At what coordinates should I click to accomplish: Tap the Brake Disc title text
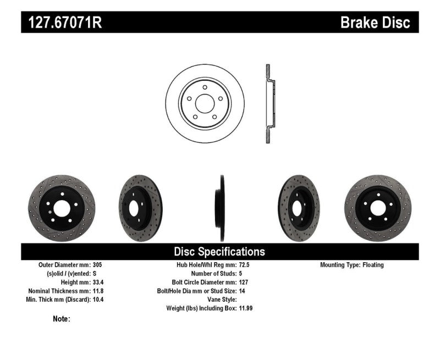click(375, 23)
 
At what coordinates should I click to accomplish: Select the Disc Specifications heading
click(219, 252)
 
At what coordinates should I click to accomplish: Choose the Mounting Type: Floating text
click(352, 265)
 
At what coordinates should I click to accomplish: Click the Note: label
click(61, 319)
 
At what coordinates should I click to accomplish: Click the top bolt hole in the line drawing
click(205, 87)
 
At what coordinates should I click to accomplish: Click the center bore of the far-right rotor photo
click(378, 208)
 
